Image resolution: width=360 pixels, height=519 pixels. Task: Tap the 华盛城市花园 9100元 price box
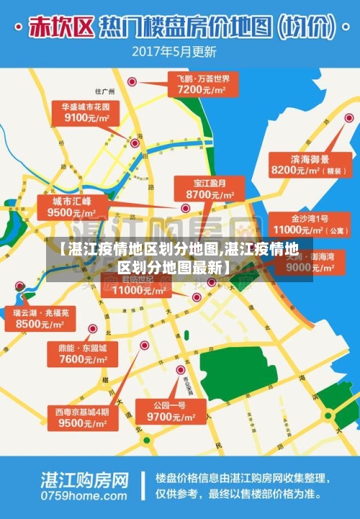(86, 112)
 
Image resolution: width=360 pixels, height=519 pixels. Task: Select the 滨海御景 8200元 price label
(300, 165)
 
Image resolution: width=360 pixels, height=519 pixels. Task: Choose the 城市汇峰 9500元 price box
(72, 207)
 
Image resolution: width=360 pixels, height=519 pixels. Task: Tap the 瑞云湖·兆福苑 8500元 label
(41, 319)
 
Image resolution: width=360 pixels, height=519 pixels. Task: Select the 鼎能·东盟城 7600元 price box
(82, 353)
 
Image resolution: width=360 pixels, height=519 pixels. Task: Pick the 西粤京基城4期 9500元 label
(82, 418)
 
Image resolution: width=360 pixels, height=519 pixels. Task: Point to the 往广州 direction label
(105, 91)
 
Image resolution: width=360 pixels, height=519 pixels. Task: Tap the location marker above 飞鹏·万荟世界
(132, 82)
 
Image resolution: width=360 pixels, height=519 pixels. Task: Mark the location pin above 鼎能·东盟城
(93, 329)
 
